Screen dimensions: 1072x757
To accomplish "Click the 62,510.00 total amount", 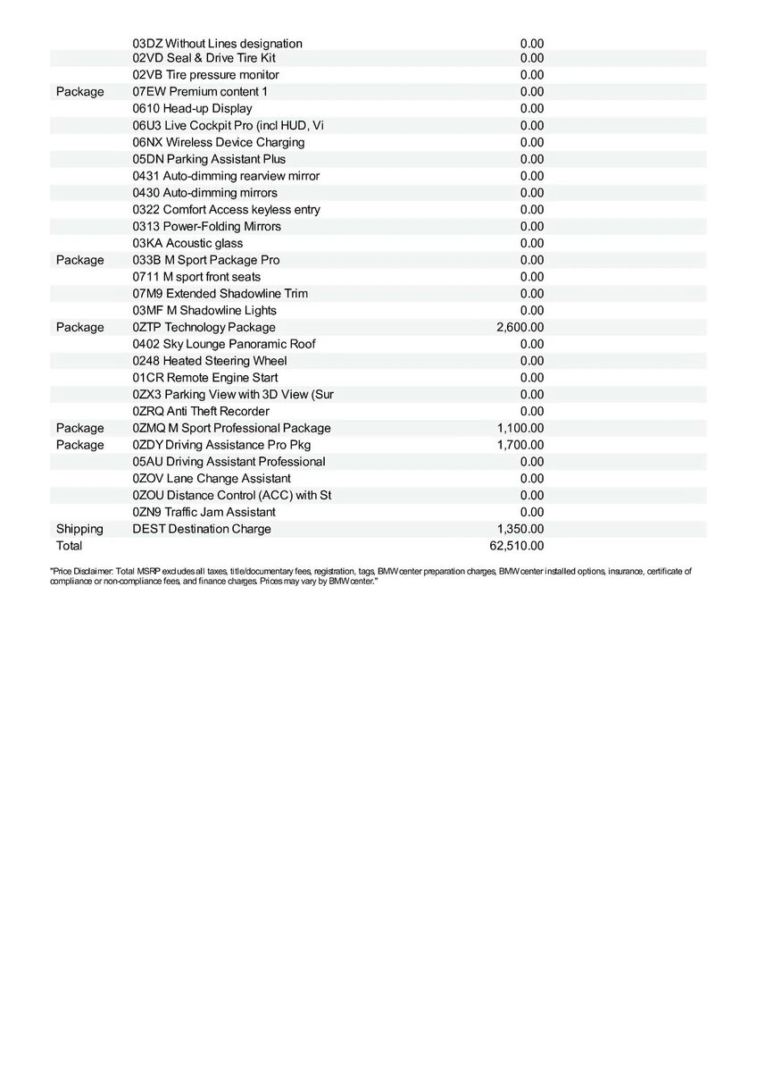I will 520,546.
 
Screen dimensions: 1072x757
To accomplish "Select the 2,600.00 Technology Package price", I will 520,328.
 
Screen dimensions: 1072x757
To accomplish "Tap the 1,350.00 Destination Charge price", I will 520,529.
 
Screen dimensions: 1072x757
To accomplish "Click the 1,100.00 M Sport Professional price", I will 520,428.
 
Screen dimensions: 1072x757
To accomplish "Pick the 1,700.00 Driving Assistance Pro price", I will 520,445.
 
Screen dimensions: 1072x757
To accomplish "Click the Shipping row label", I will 79,529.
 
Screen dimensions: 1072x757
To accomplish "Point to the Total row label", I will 69,546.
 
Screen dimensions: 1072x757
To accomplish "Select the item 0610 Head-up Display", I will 192,109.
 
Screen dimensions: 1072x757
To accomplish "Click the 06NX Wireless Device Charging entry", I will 218,143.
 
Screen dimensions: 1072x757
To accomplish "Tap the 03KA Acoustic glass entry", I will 187,243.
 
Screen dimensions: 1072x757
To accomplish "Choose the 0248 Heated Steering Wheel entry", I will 210,361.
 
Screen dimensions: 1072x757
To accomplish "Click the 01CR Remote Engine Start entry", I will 204,378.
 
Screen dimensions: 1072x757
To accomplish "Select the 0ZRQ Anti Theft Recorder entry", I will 201,412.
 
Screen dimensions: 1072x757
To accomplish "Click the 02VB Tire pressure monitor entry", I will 205,75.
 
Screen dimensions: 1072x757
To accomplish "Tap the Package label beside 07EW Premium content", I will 79,92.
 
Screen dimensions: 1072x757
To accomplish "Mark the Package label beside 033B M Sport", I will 79,260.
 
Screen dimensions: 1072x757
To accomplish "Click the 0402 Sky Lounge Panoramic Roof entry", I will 223,344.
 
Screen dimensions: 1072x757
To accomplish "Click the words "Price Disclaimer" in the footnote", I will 80,570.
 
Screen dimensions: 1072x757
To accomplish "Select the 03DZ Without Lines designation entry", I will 217,44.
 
